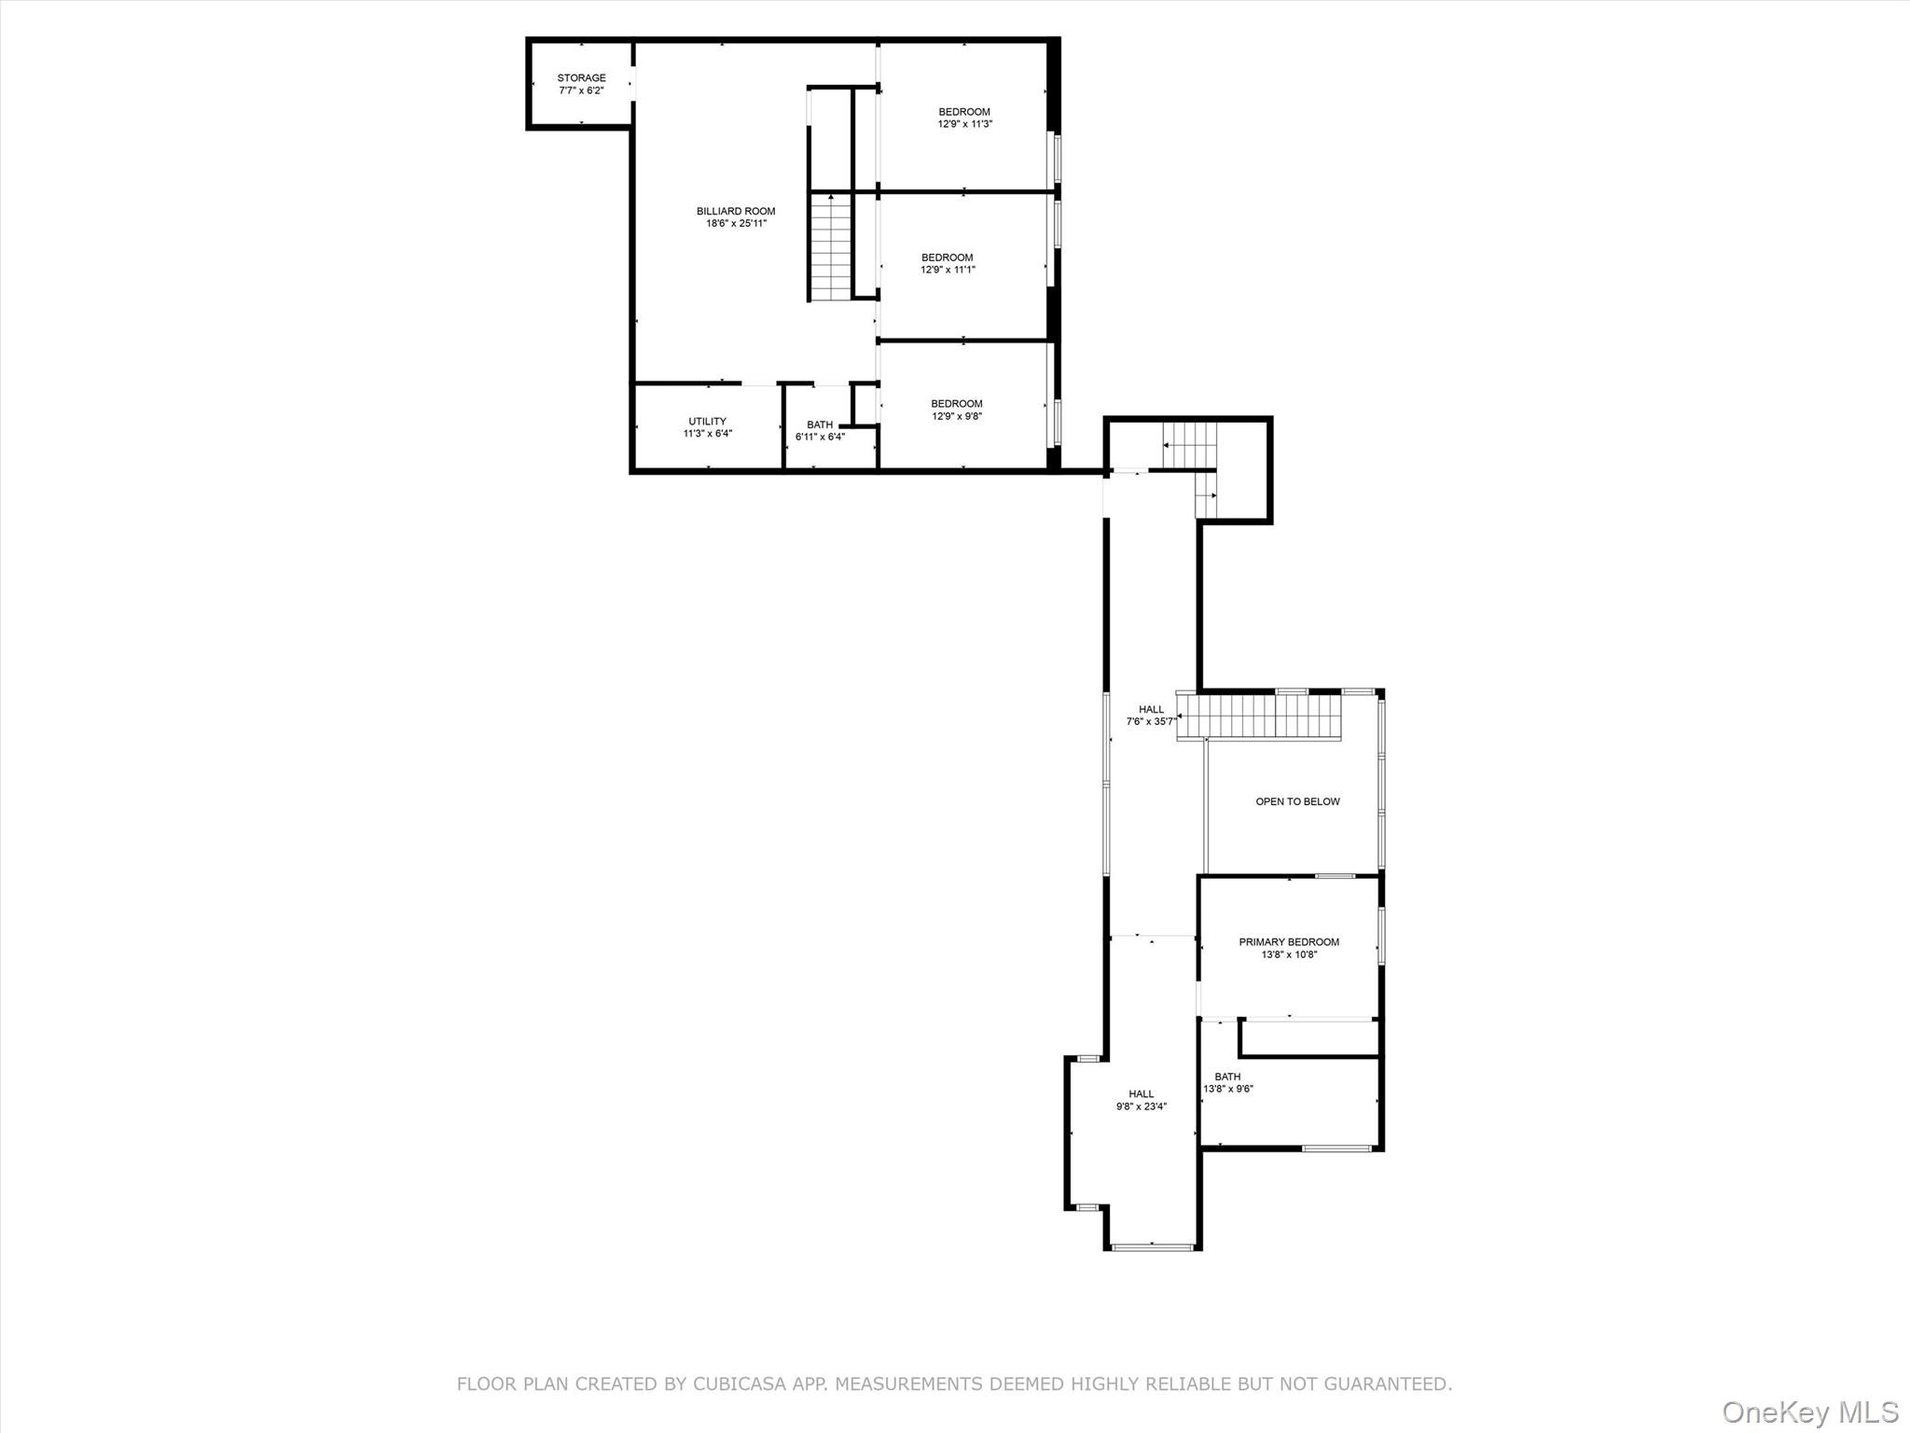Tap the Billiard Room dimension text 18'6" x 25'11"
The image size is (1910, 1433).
736,224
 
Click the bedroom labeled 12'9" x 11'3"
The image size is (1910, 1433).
964,118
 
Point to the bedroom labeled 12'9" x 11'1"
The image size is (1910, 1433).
947,264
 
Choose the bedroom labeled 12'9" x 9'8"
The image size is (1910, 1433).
956,410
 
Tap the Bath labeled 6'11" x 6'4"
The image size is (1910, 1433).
820,431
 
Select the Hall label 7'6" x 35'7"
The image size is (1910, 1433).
1151,716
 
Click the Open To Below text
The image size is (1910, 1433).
1297,801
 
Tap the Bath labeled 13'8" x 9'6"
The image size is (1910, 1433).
1227,1082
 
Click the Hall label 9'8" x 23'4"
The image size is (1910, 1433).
1142,1100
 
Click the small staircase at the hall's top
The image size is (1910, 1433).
1191,445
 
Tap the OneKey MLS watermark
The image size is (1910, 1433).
1810,1412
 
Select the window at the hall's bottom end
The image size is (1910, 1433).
1153,1245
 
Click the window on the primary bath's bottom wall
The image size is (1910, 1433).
1336,1148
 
